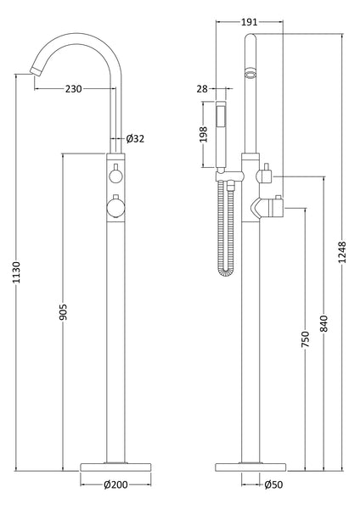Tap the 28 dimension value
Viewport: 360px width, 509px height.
202,87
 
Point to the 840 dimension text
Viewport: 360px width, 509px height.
323,323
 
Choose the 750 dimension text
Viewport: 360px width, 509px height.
305,339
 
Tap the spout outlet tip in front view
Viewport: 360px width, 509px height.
33,75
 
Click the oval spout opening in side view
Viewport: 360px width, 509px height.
249,76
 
